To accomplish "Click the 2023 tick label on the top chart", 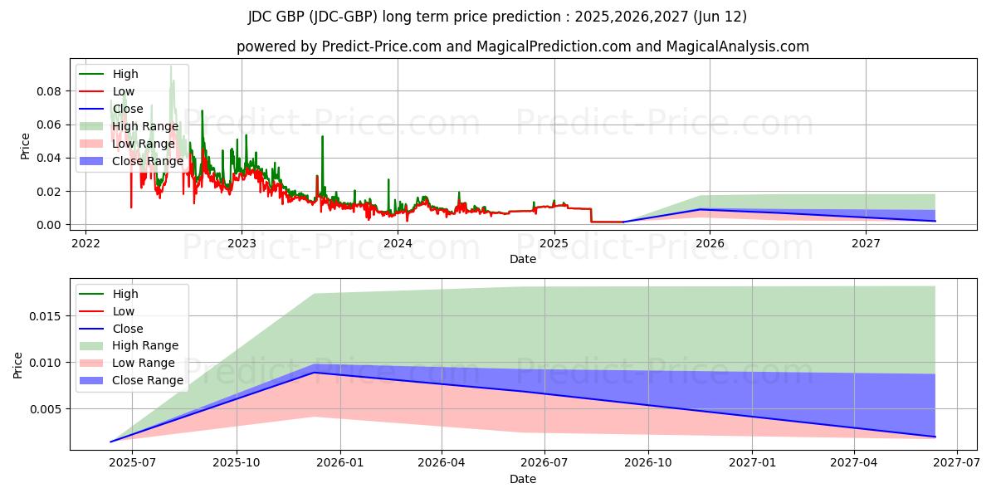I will (242, 243).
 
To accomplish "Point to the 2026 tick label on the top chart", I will (710, 243).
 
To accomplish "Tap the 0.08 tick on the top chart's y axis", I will (49, 90).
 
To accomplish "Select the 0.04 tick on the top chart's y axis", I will (49, 158).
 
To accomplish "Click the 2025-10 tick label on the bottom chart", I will (237, 462).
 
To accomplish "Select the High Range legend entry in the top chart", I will (145, 126).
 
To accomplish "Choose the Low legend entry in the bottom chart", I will (124, 311).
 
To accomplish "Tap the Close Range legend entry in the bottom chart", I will (147, 380).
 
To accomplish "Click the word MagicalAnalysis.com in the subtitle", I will (737, 46).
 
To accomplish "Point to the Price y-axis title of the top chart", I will (25, 146).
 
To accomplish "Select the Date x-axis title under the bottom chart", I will (523, 479).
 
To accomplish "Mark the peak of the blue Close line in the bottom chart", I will (314, 372).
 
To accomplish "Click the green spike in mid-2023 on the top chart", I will (322, 137).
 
